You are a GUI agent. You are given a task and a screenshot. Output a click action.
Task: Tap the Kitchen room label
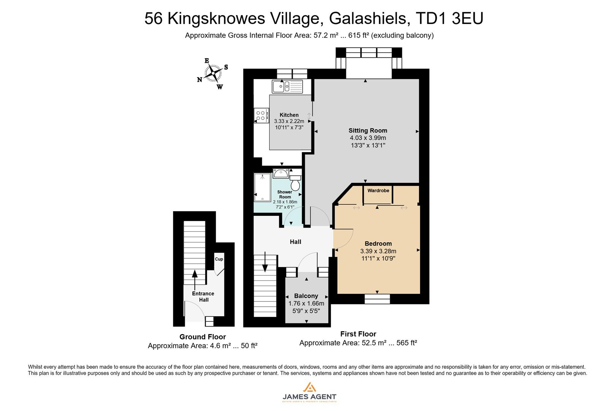pyautogui.click(x=289, y=115)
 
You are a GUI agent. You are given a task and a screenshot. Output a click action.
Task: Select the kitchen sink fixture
pyautogui.click(x=287, y=86)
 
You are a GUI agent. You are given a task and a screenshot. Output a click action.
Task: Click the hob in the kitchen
pyautogui.click(x=261, y=115)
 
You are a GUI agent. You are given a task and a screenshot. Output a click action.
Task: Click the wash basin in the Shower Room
pyautogui.click(x=281, y=174)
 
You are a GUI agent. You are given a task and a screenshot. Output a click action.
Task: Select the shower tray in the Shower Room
pyautogui.click(x=262, y=187)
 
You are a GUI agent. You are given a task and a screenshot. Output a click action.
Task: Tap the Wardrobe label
pyautogui.click(x=378, y=190)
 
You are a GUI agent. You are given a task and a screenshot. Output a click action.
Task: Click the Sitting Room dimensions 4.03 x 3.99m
pyautogui.click(x=368, y=138)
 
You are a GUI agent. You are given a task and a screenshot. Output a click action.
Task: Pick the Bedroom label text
pyautogui.click(x=378, y=244)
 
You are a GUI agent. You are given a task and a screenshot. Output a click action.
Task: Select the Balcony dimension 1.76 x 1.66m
pyautogui.click(x=306, y=303)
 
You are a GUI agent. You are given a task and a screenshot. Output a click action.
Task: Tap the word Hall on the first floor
pyautogui.click(x=295, y=242)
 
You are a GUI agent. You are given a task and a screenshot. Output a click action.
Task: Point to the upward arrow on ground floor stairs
pyautogui.click(x=195, y=279)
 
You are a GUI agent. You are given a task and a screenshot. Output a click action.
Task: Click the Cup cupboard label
pyautogui.click(x=219, y=259)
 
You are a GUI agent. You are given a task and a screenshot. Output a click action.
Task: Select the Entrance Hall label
pyautogui.click(x=203, y=296)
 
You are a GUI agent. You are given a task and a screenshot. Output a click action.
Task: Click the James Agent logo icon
pyautogui.click(x=309, y=387)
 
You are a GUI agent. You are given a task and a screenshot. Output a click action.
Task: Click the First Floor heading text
pyautogui.click(x=358, y=334)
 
